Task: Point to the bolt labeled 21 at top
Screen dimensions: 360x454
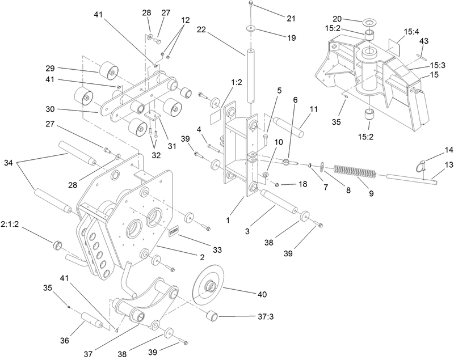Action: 251,6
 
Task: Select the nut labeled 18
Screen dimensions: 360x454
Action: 276,185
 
